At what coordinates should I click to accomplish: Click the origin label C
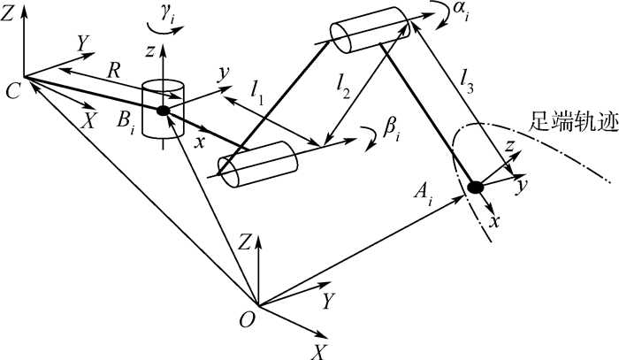(x=11, y=89)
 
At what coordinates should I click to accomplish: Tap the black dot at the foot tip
(x=475, y=187)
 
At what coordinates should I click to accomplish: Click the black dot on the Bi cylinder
(x=164, y=111)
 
